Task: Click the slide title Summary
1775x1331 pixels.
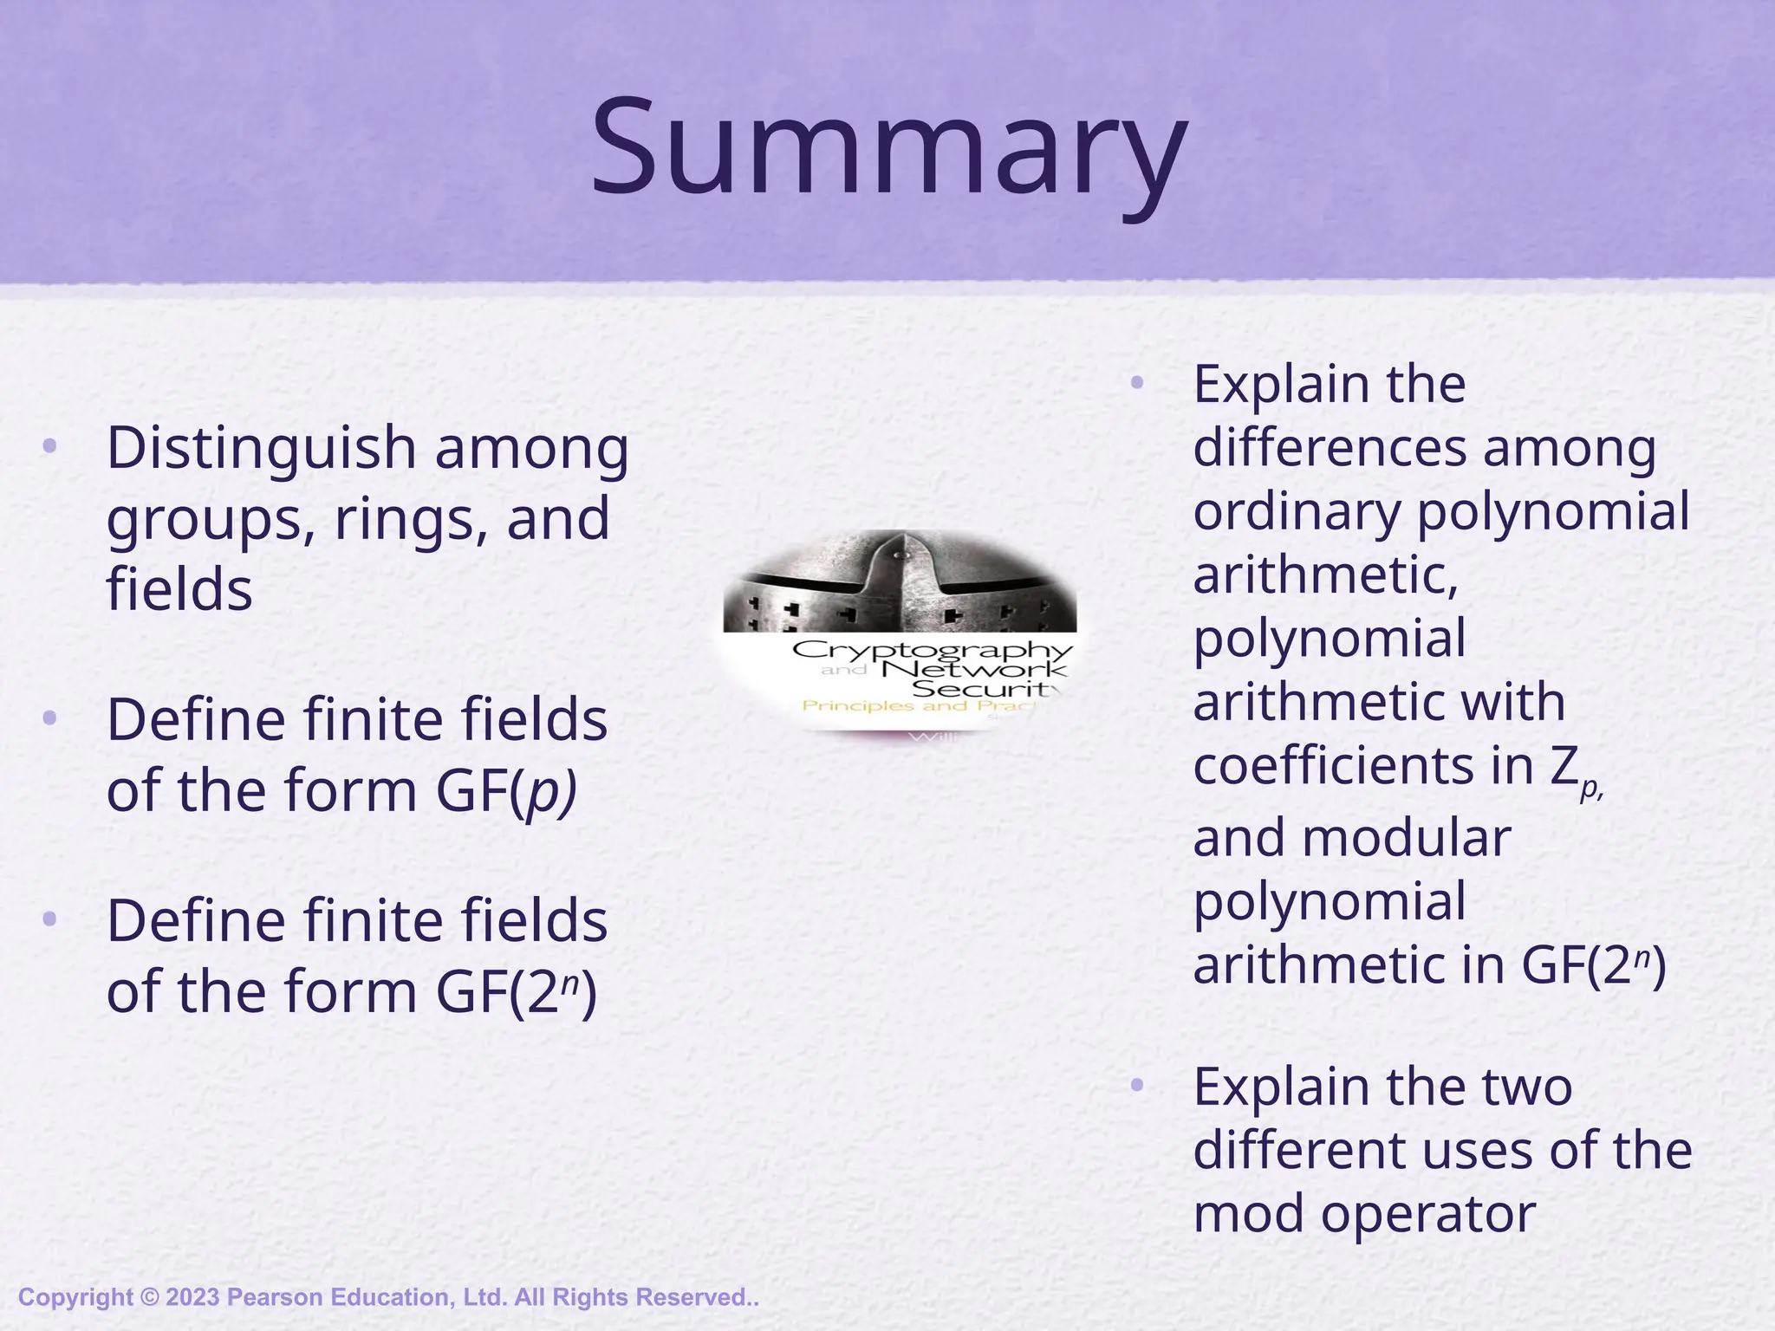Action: [887, 147]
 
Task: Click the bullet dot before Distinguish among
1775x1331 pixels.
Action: [49, 447]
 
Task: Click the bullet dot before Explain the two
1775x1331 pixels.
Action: [1137, 1085]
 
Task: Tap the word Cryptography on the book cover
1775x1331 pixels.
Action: [933, 650]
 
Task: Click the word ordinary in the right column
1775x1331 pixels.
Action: [1297, 511]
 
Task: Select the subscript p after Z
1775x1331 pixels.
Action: [1590, 789]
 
